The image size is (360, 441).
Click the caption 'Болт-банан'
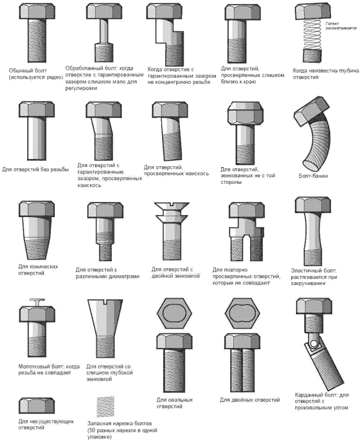[x=313, y=176]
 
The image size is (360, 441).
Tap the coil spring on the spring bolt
[x=312, y=34]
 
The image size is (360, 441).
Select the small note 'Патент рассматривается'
[x=341, y=26]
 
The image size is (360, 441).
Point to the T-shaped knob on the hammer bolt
[x=37, y=302]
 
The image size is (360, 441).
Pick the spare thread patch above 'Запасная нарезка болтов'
[x=106, y=407]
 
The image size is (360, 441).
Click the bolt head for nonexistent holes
[x=36, y=405]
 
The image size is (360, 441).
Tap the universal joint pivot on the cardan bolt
[x=313, y=343]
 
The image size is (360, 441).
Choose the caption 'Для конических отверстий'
[x=38, y=270]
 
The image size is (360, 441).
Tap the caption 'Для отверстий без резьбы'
[x=36, y=169]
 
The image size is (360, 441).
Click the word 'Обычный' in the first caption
[x=19, y=71]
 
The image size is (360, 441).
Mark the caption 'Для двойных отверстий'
[x=250, y=400]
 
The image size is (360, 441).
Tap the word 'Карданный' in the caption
[x=308, y=395]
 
